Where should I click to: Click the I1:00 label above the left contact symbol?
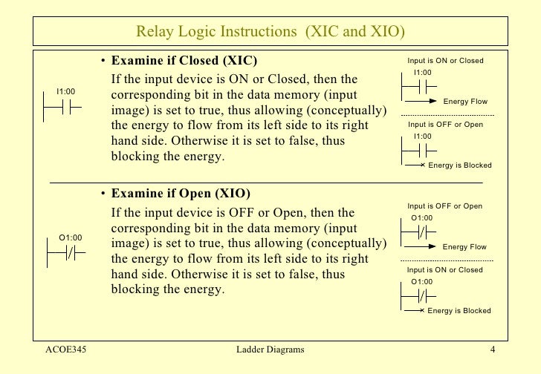coord(65,91)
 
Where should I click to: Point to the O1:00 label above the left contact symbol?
coord(71,237)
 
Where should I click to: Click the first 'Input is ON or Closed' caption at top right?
coord(445,60)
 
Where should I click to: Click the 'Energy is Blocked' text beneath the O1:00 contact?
coord(460,310)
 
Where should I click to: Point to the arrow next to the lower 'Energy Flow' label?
coord(420,246)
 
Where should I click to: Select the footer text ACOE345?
coord(66,350)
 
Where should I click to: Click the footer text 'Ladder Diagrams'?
coord(269,350)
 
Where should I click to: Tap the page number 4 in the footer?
coord(492,350)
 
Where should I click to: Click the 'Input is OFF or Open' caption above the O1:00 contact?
coord(445,206)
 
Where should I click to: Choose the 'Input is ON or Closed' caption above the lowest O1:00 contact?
coord(445,270)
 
